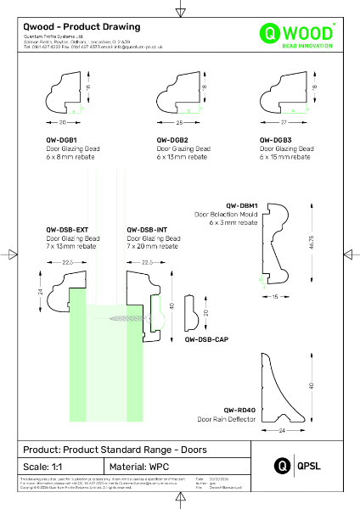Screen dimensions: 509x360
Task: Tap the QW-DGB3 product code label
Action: point(276,138)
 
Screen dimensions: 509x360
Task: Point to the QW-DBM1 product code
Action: point(242,205)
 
